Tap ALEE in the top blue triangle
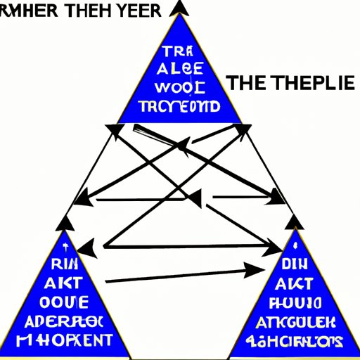point(181,70)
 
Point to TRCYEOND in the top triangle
point(180,107)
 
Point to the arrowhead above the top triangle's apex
point(180,8)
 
